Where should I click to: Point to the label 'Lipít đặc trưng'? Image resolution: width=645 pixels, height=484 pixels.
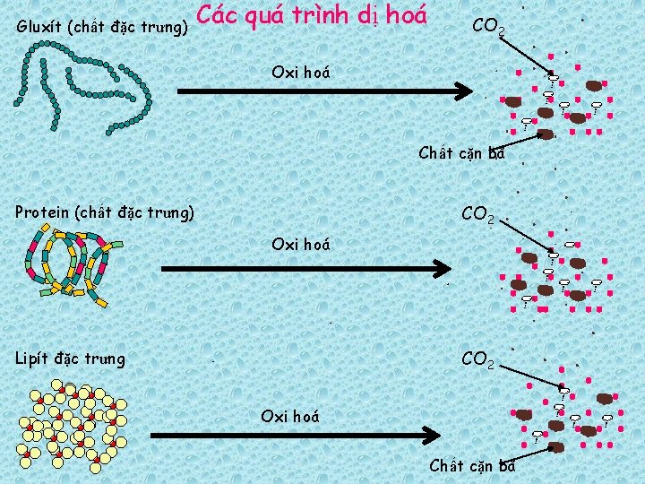pyautogui.click(x=70, y=359)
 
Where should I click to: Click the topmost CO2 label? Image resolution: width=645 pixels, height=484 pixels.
pyautogui.click(x=488, y=27)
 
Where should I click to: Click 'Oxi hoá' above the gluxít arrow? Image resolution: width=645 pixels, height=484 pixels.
pyautogui.click(x=300, y=72)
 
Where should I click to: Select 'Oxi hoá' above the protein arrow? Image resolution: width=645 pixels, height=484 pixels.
pyautogui.click(x=300, y=244)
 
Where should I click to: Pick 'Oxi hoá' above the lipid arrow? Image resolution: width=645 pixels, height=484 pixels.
pyautogui.click(x=289, y=415)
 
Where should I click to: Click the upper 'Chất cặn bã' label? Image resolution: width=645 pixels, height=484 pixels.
pyautogui.click(x=461, y=152)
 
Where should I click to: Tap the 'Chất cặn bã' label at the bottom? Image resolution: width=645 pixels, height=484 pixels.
pyautogui.click(x=472, y=465)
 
